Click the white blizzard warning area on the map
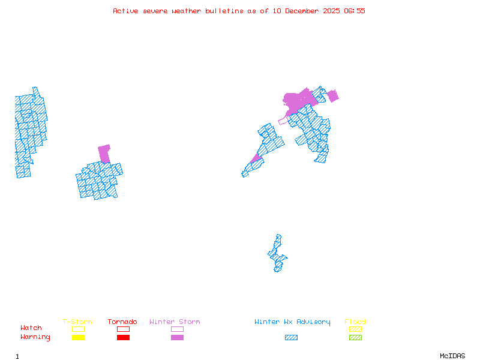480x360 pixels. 279,230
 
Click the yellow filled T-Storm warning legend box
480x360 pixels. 78,338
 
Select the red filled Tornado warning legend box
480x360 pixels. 123,338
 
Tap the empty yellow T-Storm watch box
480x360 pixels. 78,329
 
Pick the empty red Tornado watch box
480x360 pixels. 123,329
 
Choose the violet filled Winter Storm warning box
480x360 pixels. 177,338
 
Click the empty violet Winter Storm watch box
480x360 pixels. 177,329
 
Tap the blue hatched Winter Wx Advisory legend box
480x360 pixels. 291,338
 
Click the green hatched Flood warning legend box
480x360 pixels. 355,338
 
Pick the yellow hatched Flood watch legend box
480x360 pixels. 355,329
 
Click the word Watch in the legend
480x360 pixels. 31,328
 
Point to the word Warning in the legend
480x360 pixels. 35,337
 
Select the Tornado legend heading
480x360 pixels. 122,322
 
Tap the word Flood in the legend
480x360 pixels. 355,322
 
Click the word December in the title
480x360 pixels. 304,11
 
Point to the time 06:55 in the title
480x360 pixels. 353,11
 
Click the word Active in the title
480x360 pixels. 125,11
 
